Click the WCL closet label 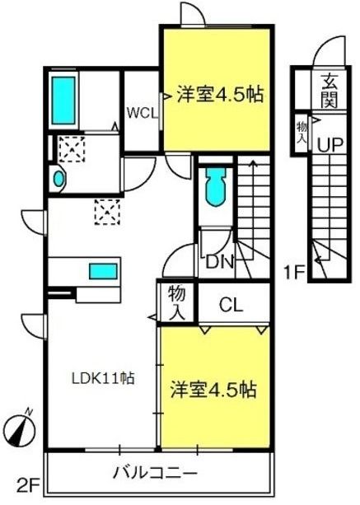click(x=142, y=113)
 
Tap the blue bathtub click(x=63, y=101)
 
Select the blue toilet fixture click(x=215, y=187)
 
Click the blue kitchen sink click(x=103, y=271)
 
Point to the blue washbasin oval click(x=58, y=179)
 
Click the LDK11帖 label click(x=103, y=378)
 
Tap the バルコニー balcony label click(x=156, y=473)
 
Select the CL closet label click(x=231, y=304)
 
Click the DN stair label click(x=219, y=263)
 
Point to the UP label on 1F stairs click(x=330, y=145)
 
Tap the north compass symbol click(x=22, y=430)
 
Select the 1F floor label click(x=295, y=273)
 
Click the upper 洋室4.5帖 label click(x=220, y=95)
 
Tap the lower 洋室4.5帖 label click(x=213, y=389)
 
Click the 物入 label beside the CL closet click(x=177, y=302)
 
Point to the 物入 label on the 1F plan click(x=302, y=132)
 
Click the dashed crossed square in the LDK click(x=107, y=212)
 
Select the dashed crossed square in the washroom click(x=72, y=149)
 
